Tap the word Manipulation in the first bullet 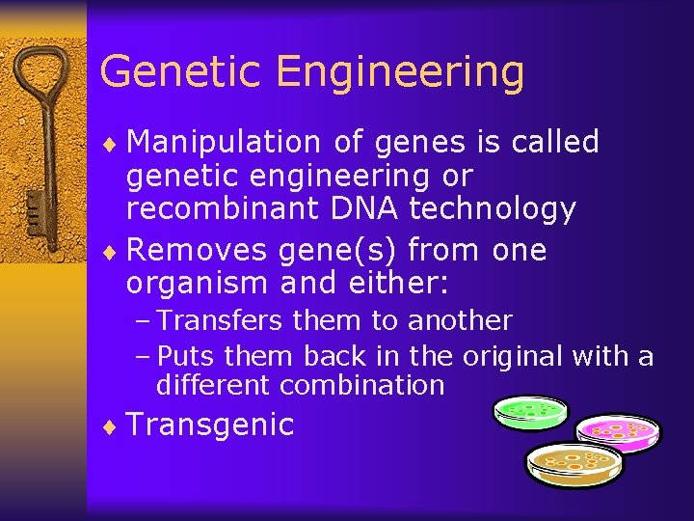pos(224,143)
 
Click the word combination pos(362,386)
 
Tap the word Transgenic pos(210,425)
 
